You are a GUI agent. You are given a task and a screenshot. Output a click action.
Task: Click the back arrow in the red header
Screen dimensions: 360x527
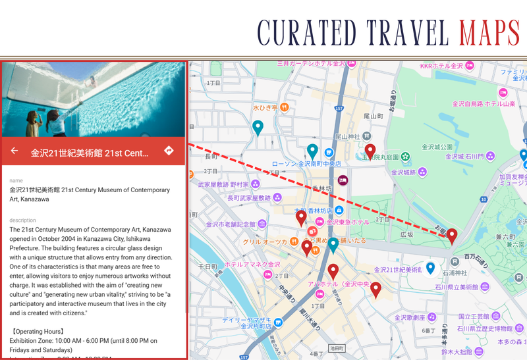[x=14, y=151]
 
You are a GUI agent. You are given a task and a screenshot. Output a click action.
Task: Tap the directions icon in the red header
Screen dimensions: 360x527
[x=169, y=151]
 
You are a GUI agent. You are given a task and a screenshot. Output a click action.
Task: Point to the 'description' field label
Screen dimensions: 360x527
[x=23, y=220]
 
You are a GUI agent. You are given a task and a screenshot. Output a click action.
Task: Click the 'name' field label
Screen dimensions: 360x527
[x=16, y=180]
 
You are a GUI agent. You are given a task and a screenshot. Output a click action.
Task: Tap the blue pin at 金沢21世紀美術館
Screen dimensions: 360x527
[x=430, y=268]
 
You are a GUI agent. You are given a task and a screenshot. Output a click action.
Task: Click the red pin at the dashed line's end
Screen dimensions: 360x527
[x=452, y=236]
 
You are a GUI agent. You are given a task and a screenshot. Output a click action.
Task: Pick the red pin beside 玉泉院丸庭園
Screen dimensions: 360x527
[x=370, y=151]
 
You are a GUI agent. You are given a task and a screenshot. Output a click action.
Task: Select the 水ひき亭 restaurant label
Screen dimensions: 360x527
[x=266, y=107]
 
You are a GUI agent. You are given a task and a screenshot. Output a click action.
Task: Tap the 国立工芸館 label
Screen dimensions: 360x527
[x=474, y=317]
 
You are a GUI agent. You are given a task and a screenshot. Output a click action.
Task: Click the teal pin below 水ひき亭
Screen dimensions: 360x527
[x=258, y=127]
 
